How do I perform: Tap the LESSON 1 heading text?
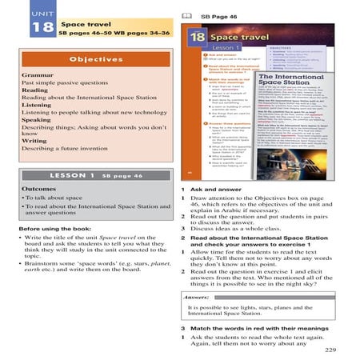click(70, 196)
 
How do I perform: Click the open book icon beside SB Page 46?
click(186, 15)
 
